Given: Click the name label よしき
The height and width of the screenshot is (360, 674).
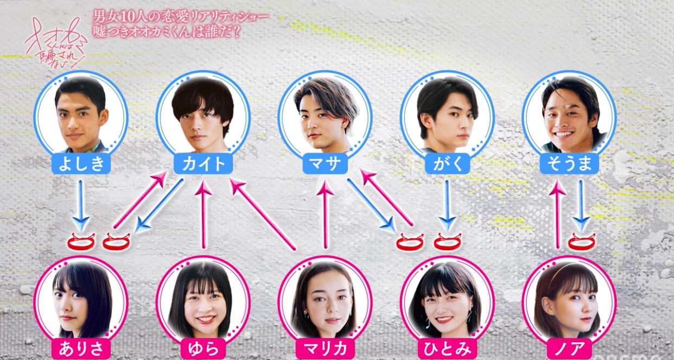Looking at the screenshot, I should click(x=81, y=164).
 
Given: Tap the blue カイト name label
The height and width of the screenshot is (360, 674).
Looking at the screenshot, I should click(x=203, y=164).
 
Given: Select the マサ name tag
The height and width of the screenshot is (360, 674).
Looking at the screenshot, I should click(x=325, y=164).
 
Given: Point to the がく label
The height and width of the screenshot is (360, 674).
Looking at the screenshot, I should click(x=447, y=164).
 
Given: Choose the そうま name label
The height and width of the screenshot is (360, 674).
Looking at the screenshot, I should click(x=569, y=164).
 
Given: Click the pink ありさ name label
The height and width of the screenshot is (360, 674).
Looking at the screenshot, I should click(x=81, y=348).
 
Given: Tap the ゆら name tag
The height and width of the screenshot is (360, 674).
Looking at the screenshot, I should click(x=203, y=348).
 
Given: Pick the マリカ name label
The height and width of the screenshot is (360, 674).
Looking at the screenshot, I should click(x=325, y=348).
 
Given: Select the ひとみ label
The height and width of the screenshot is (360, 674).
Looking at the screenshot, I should click(x=447, y=348).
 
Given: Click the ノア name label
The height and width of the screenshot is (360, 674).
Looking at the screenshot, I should click(x=569, y=348).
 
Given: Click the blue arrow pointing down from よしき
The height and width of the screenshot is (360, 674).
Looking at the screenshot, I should click(x=81, y=205).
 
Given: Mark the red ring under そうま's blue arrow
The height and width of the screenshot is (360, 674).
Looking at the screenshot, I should click(x=582, y=241).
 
